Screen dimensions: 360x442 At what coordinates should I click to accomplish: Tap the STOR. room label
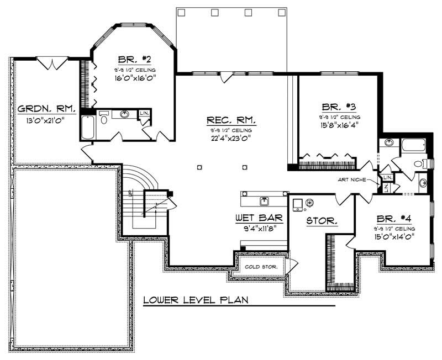[x=322, y=221]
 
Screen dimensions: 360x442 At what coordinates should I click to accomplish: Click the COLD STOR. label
[x=261, y=267]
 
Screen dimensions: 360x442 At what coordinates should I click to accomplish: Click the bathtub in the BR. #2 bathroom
[x=87, y=128]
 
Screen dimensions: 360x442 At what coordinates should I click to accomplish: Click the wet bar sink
[x=264, y=199]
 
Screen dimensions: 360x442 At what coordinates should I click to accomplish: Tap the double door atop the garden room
[x=53, y=64]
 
